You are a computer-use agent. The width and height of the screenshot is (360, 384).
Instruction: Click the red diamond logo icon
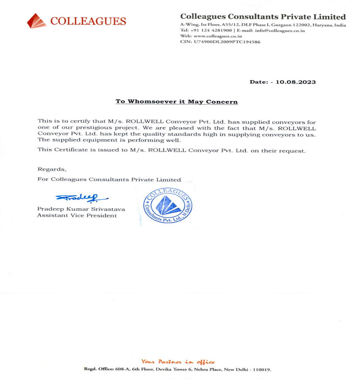click(36, 21)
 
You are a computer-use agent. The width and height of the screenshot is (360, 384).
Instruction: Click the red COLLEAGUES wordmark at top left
click(88, 21)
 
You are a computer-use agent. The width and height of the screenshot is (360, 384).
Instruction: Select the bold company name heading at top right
click(263, 17)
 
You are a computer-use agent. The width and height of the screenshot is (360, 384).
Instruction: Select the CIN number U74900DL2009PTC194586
click(227, 42)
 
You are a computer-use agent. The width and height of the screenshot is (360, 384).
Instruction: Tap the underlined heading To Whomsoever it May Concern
click(177, 102)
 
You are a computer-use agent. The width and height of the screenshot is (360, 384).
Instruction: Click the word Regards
click(52, 169)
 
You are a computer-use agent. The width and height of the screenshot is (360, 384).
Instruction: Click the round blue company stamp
click(167, 205)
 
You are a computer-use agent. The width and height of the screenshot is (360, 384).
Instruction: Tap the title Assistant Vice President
click(77, 216)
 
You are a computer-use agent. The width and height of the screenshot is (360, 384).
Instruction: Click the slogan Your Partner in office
click(178, 361)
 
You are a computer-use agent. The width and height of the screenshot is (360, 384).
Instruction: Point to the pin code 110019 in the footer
click(262, 370)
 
